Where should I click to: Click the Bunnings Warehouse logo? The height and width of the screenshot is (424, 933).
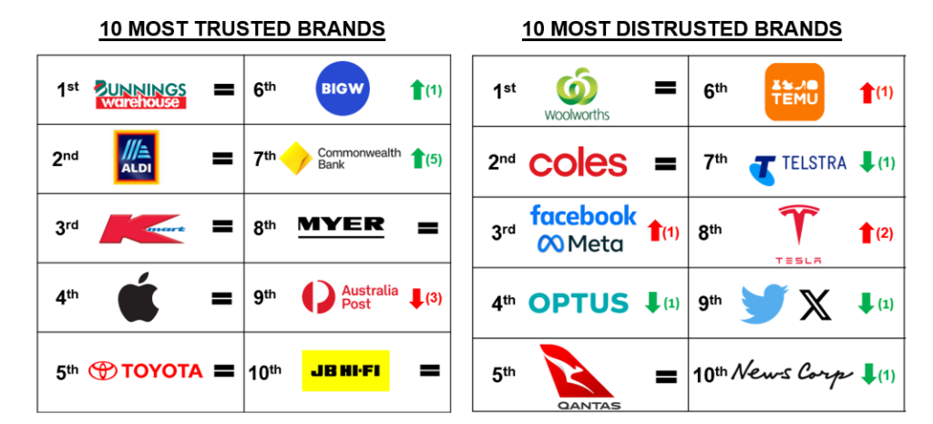(x=140, y=95)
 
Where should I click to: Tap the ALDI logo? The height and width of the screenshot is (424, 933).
(x=137, y=158)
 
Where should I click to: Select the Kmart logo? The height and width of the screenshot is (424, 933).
(x=141, y=229)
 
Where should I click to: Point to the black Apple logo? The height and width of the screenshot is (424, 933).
(x=139, y=296)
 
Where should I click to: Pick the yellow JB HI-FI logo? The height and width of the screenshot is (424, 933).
(x=345, y=370)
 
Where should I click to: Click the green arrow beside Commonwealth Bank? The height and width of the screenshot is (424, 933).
(x=417, y=160)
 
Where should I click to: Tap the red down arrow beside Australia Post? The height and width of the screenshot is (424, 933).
(x=416, y=298)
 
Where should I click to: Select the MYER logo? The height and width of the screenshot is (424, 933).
(x=341, y=226)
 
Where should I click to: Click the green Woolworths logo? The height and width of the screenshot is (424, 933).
(x=577, y=94)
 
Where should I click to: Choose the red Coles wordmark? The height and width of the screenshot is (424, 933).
(x=578, y=163)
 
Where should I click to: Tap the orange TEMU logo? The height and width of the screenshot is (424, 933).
(x=795, y=92)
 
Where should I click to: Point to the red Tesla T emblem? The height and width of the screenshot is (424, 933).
(x=798, y=224)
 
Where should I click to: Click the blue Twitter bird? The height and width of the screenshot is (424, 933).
(x=764, y=304)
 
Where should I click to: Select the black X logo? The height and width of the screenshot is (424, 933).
(x=815, y=305)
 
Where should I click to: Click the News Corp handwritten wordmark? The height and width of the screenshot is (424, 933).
(x=792, y=374)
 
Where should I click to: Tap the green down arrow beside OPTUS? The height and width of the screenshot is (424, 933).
(x=652, y=303)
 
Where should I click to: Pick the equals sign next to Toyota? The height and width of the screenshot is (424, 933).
(x=224, y=371)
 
